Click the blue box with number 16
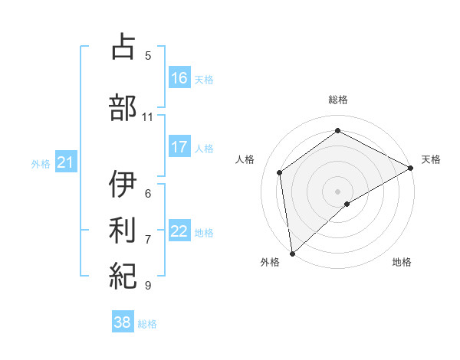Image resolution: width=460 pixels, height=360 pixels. tap(179, 77)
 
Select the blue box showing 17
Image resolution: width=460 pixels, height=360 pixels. tap(179, 147)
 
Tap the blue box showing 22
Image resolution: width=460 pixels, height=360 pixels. tap(179, 231)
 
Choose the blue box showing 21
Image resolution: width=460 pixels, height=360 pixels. tap(65, 162)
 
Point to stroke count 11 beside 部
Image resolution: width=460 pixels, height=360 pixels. tap(148, 117)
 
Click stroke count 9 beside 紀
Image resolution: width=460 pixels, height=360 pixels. tap(148, 286)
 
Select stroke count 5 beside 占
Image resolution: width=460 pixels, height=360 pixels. tap(148, 56)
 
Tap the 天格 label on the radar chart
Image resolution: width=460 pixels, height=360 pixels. tap(431, 159)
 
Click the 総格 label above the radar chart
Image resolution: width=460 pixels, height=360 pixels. tap(338, 100)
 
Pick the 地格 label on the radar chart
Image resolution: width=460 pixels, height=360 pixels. tap(402, 262)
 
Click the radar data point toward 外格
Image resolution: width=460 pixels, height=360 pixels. tap(291, 254)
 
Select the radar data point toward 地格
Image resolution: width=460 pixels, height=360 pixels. tap(347, 204)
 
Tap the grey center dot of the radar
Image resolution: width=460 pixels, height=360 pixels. tap(337, 191)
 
